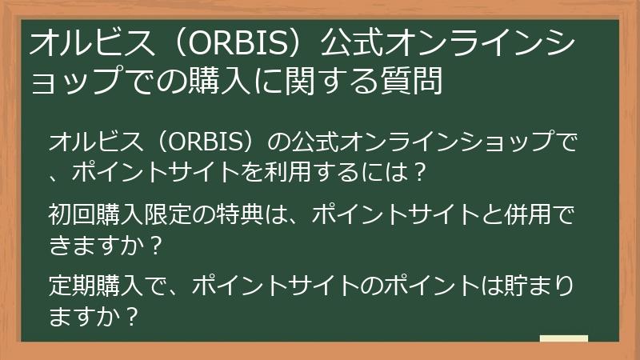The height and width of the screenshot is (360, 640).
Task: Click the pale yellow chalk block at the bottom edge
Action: pyautogui.click(x=564, y=339)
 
